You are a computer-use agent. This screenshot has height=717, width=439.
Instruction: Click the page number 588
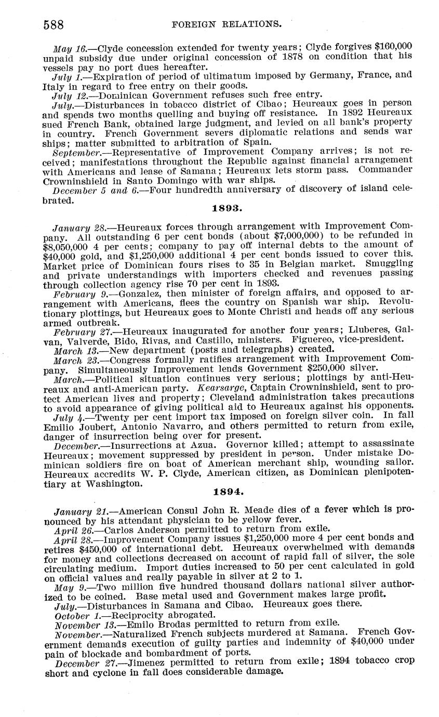(53, 24)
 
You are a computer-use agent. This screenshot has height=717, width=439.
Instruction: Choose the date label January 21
(78, 511)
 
